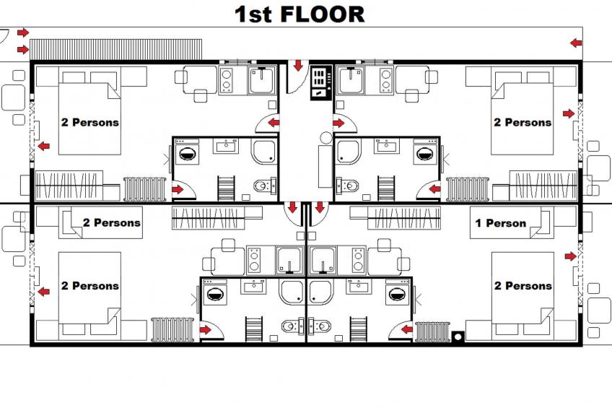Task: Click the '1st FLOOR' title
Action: [299, 14]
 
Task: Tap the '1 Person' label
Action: [500, 223]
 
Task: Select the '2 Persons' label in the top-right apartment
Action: [522, 123]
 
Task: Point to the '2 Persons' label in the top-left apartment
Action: [89, 123]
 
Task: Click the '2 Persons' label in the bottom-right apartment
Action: [523, 286]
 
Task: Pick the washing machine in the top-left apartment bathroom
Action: [188, 153]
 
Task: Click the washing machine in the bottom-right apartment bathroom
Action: [396, 294]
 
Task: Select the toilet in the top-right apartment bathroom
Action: [347, 186]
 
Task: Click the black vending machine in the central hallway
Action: [318, 83]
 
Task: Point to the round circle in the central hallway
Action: [326, 137]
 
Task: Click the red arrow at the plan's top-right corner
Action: [575, 43]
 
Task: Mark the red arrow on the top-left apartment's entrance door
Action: [274, 123]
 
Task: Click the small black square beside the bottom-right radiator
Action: [458, 336]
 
